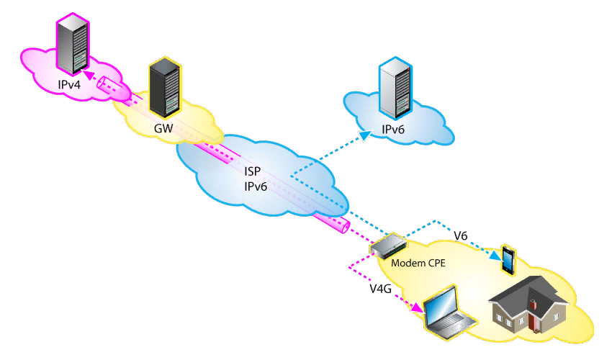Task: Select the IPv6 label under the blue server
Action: (x=395, y=130)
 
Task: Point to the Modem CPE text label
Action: (x=418, y=263)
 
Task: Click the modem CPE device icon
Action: (x=387, y=246)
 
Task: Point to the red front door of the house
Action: (x=534, y=320)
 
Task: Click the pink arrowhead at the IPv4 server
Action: (x=86, y=73)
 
